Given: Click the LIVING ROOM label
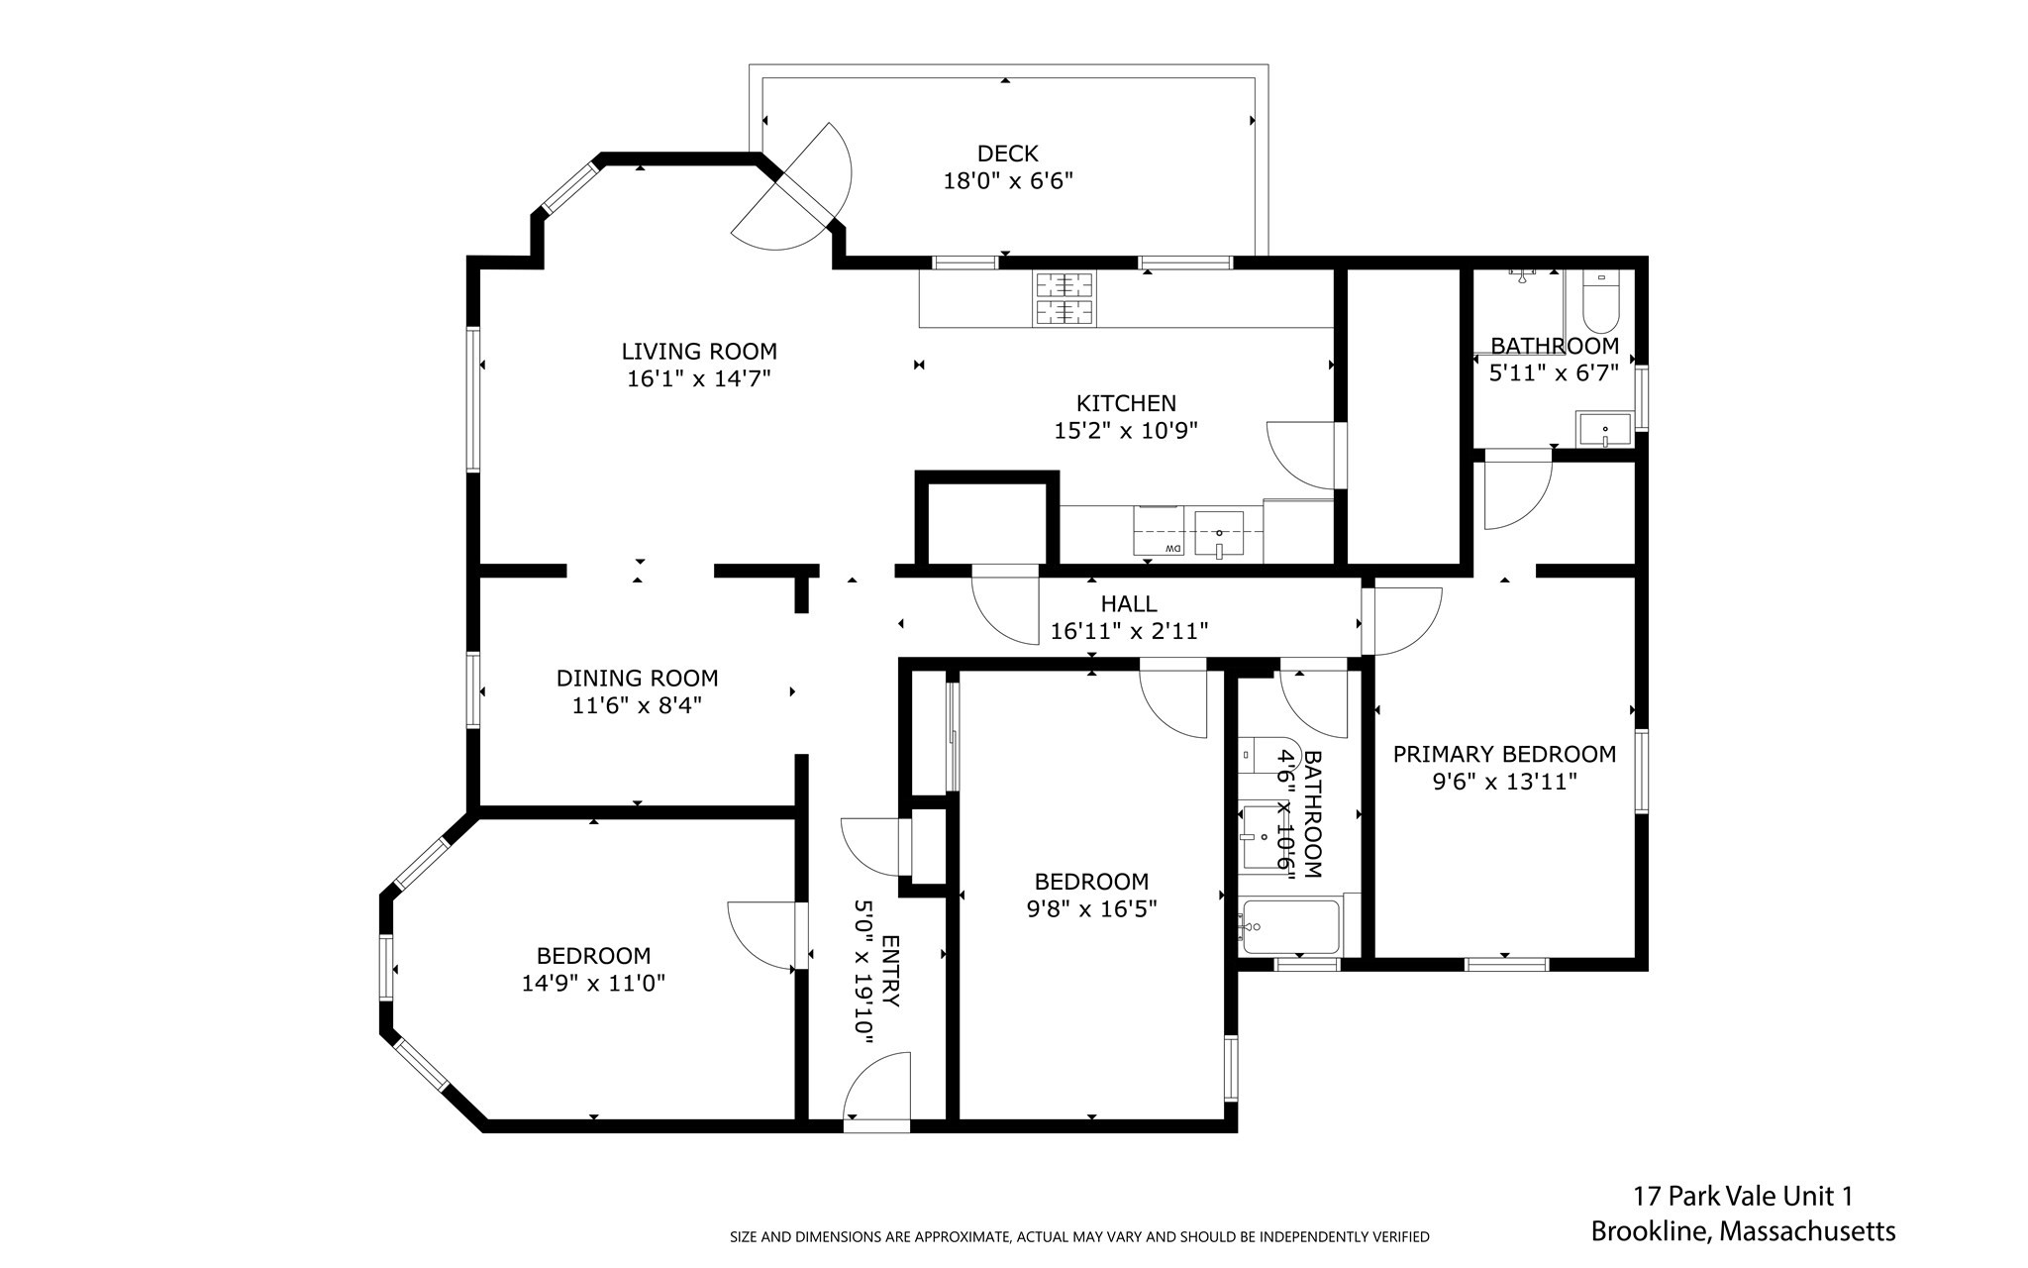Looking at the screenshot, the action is [x=699, y=351].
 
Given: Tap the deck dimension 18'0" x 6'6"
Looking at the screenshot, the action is [x=1008, y=181].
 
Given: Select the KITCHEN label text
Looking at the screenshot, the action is [x=1126, y=403].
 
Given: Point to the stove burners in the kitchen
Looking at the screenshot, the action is [x=1065, y=298].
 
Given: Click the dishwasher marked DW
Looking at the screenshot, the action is [x=1159, y=531].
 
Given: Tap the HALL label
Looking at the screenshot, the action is [x=1129, y=603].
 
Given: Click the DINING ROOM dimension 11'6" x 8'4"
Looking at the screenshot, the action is [x=637, y=706].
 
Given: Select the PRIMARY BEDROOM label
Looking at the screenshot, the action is [x=1504, y=754].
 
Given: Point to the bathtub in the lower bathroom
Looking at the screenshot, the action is [x=1289, y=926].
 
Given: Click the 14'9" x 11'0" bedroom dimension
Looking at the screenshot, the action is [x=593, y=984].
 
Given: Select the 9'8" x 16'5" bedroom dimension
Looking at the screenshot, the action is [x=1091, y=908].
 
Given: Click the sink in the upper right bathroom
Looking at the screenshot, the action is [x=1604, y=431].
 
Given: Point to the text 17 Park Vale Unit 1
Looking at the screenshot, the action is [x=1743, y=1197].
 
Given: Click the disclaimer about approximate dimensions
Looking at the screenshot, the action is [x=1079, y=1237].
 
